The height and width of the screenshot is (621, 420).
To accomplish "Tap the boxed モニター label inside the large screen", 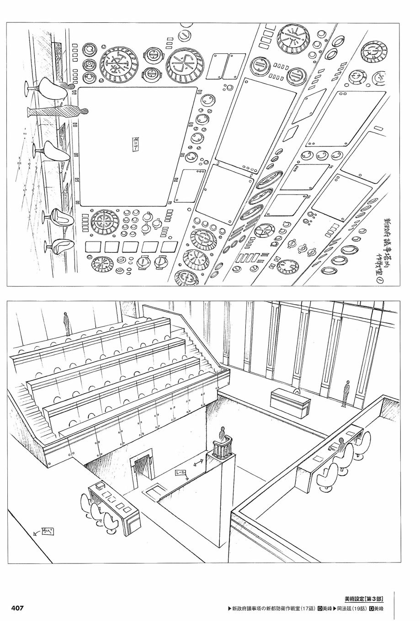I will [135, 145].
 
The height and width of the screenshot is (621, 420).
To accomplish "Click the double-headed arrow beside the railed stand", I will [198, 464].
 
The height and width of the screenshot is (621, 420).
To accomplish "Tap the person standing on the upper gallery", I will [67, 323].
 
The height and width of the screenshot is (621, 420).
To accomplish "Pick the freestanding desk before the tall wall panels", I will [290, 400].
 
